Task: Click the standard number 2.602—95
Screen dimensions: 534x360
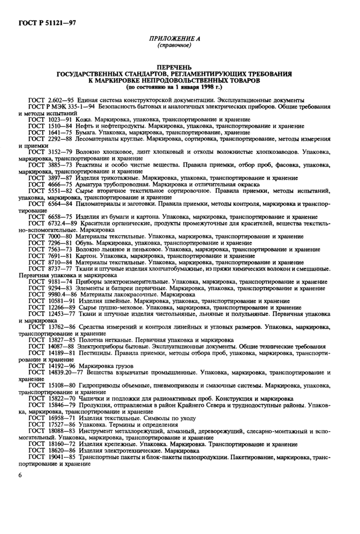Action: point(62,99)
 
